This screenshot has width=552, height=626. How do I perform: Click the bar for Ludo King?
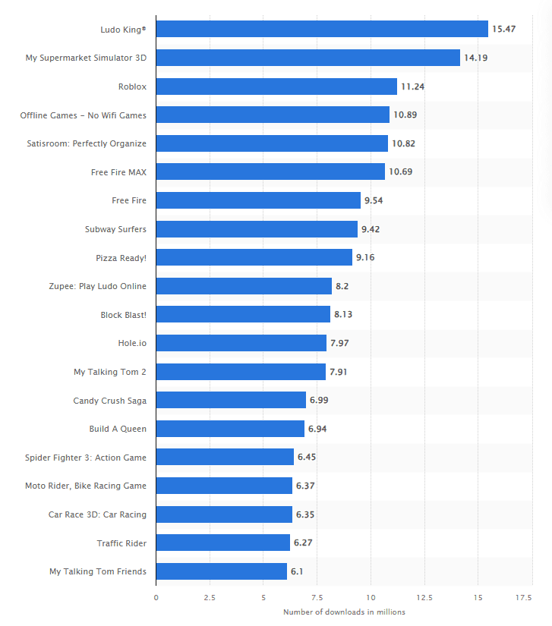coord(322,29)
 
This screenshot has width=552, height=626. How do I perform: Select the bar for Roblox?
coord(276,87)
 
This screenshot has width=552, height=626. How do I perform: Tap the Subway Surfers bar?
coord(257,229)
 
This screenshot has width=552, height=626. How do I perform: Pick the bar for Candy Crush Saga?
coord(231,400)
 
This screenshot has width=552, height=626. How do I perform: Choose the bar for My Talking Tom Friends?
coord(222,571)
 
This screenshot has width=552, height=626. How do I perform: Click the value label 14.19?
coord(475,58)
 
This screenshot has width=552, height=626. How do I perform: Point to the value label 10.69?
coord(400,172)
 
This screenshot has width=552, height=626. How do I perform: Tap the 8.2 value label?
coord(342,286)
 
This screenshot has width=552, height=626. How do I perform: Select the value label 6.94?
coord(317,429)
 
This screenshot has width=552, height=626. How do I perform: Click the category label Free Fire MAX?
coord(118,172)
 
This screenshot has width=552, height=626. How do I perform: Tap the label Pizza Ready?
coord(121,258)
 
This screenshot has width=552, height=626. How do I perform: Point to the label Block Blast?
coord(123,315)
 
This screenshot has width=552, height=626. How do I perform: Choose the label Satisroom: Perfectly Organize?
coord(87,143)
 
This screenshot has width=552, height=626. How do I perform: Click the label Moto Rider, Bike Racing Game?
coord(85,486)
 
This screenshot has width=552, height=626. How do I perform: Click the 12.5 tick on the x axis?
coord(424,598)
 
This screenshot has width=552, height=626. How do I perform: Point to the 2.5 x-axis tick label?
coord(210,598)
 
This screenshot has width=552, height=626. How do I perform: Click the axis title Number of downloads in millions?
coord(344,612)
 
